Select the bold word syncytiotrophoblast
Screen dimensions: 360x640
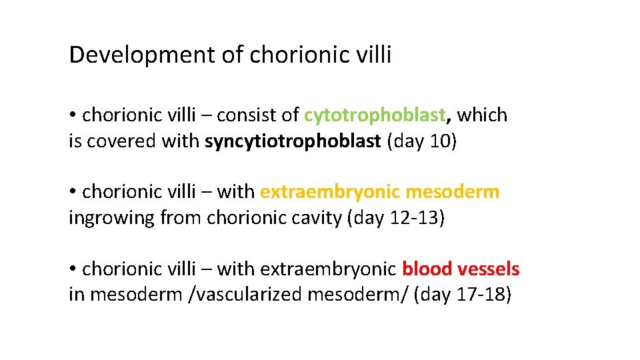point(293,142)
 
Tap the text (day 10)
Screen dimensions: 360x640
point(422,142)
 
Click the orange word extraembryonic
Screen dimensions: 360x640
point(330,192)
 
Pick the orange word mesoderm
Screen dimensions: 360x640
point(453,192)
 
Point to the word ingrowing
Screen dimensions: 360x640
point(112,218)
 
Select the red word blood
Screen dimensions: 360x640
point(427,269)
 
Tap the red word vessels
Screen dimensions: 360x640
point(489,269)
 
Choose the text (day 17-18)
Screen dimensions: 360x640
point(462,295)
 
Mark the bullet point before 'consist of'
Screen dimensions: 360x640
point(73,115)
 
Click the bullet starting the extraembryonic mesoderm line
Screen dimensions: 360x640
point(73,192)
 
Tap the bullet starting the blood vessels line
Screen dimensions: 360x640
point(73,269)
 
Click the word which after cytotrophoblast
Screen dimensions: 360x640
point(482,115)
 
